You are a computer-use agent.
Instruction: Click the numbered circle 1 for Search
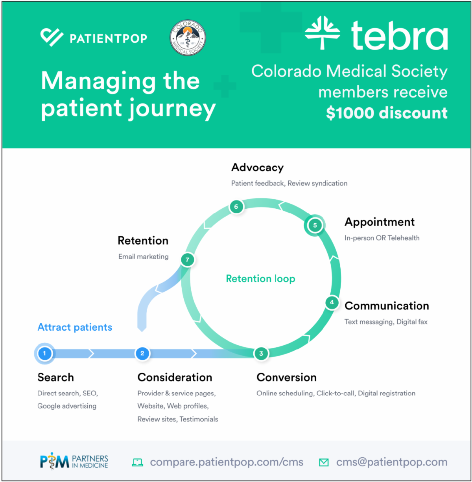coord(44,353)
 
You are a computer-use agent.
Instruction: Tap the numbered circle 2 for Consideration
coord(142,353)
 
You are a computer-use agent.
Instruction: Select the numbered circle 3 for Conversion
coord(261,353)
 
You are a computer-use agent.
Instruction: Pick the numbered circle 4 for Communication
coord(332,302)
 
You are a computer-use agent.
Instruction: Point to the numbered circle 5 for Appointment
coord(315,225)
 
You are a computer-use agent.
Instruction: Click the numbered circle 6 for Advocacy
coord(236,207)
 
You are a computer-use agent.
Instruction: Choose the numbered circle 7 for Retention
coord(187,259)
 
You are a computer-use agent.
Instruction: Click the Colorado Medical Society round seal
coord(188,38)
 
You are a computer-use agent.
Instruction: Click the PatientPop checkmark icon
coord(52,37)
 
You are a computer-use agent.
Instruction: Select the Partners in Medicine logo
coord(74,462)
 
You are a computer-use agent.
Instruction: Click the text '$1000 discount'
coord(387,113)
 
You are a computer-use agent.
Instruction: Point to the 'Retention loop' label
coord(260,279)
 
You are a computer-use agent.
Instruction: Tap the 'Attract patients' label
coord(75,327)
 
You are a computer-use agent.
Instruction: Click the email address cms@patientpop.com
coord(392,462)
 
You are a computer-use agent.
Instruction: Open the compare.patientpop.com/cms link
coord(227,462)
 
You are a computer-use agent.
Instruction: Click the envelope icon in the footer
coord(324,462)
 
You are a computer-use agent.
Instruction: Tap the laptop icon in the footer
coord(137,462)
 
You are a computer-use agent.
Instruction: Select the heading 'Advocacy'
coord(257,167)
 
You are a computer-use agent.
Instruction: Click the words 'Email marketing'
coord(143,256)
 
